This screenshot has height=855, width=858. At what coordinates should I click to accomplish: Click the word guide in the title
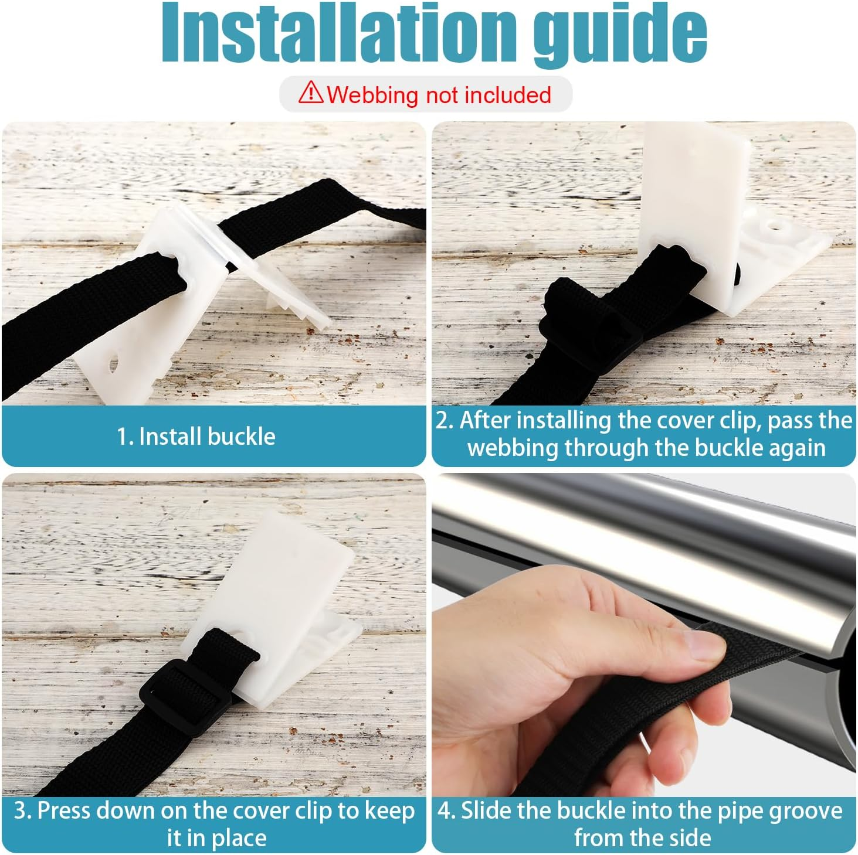tap(620, 36)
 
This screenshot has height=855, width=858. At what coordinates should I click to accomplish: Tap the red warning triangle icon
tap(310, 92)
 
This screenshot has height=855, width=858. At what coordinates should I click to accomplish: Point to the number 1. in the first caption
tap(125, 437)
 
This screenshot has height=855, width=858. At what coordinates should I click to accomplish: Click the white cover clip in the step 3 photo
tap(272, 605)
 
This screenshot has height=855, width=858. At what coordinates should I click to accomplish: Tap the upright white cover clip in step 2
tap(694, 209)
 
